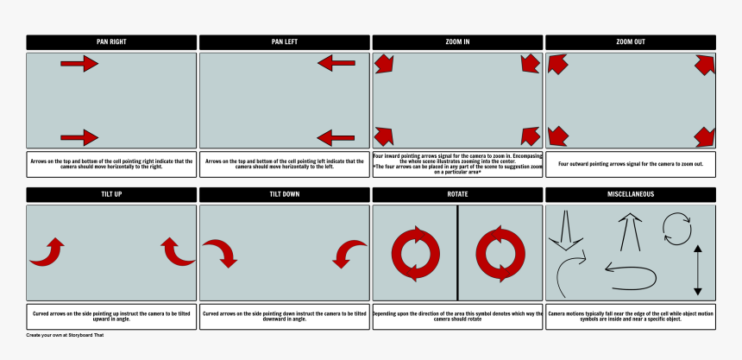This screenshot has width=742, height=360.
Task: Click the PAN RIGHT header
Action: coord(111,42)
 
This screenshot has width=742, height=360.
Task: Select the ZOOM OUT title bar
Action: coord(631,42)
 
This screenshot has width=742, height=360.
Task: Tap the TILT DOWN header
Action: coord(285,194)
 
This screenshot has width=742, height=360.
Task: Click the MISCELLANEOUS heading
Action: coord(631,194)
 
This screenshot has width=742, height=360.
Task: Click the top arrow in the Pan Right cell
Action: coord(79,63)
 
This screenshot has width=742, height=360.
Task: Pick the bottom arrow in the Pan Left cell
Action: coord(336,137)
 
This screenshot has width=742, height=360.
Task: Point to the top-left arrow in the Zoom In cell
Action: coord(384,64)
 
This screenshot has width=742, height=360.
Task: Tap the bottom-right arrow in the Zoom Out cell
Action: coord(705,136)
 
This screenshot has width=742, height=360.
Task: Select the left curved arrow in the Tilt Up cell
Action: coord(47,251)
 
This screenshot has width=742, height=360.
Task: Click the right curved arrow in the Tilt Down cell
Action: coord(350,254)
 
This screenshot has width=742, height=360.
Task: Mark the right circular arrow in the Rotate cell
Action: coord(500,254)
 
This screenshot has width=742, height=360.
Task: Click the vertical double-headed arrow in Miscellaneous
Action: coord(698,270)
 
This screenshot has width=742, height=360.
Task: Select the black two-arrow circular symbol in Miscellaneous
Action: coord(676,229)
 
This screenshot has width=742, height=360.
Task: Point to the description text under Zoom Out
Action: coord(631,164)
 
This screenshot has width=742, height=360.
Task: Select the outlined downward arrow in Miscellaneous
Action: coord(566,231)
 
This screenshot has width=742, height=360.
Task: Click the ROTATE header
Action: coord(457,194)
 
